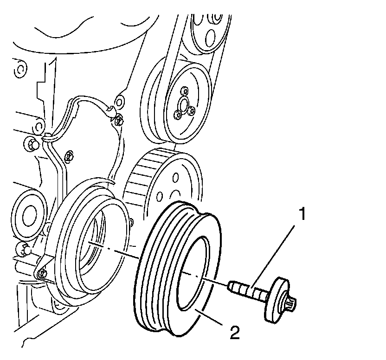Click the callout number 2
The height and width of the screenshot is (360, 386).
pos(235,333)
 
